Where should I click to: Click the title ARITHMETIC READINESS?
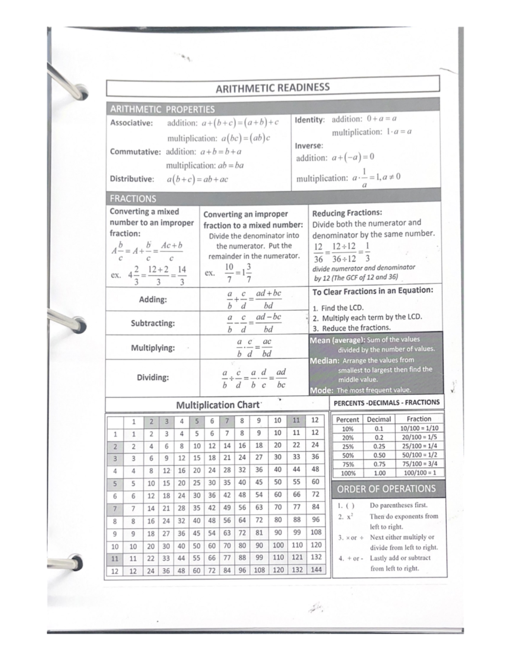pyautogui.click(x=273, y=88)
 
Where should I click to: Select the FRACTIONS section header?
pyautogui.click(x=133, y=199)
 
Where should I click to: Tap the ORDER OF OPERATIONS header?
pyautogui.click(x=386, y=489)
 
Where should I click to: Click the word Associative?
pyautogui.click(x=131, y=123)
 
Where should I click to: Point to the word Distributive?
pyautogui.click(x=132, y=179)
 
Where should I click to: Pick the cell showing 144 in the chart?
pyautogui.click(x=316, y=569)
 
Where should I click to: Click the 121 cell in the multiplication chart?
pyautogui.click(x=297, y=557)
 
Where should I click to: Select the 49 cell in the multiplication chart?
pyautogui.click(x=227, y=507)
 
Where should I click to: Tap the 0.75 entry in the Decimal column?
pyautogui.click(x=379, y=464)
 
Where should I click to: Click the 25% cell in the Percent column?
pyautogui.click(x=347, y=446)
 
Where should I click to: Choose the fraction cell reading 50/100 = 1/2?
pyautogui.click(x=419, y=455)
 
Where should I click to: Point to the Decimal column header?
pyautogui.click(x=379, y=419)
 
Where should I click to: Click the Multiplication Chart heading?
pyautogui.click(x=218, y=405)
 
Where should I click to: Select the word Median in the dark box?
pyautogui.click(x=324, y=361)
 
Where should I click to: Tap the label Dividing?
pyautogui.click(x=152, y=378)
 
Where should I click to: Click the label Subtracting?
pyautogui.click(x=152, y=323)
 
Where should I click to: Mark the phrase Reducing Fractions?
pyautogui.click(x=347, y=213)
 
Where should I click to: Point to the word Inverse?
pyautogui.click(x=309, y=146)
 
